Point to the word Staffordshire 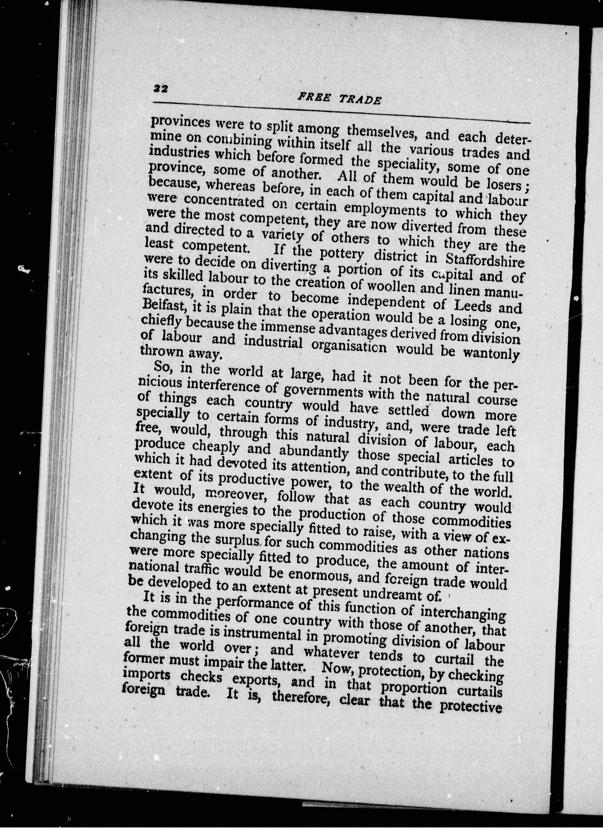click(x=485, y=261)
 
